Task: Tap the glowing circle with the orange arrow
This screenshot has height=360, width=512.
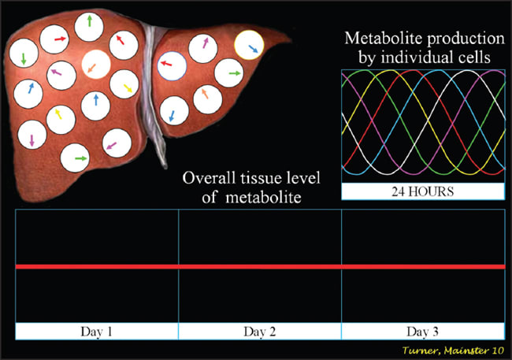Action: point(96,64)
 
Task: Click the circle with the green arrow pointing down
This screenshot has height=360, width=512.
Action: point(25,56)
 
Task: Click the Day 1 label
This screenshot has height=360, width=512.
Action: point(97,331)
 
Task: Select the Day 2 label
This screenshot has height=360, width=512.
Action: point(260,331)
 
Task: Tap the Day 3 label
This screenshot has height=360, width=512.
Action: point(422,331)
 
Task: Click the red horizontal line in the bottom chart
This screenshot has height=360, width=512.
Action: point(260,267)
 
